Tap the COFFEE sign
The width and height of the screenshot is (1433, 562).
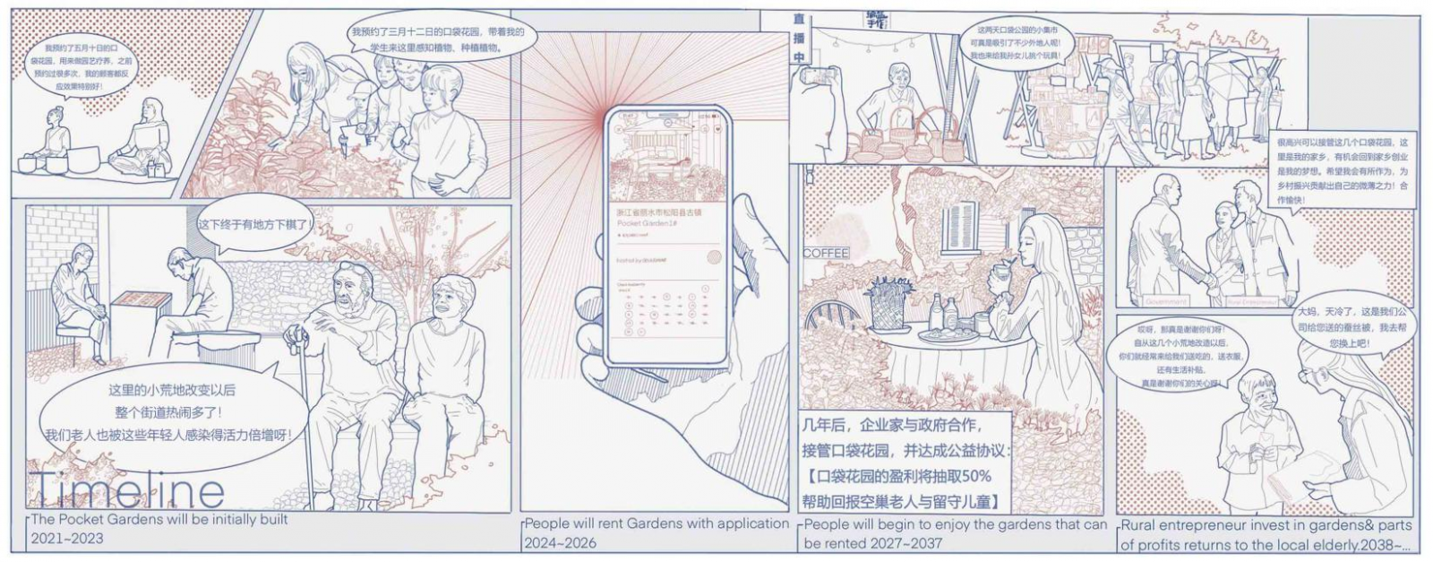pyautogui.click(x=825, y=254)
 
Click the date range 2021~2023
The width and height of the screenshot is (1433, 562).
pyautogui.click(x=67, y=539)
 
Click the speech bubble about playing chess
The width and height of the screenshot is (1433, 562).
pyautogui.click(x=254, y=224)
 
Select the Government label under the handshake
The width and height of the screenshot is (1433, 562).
pyautogui.click(x=1165, y=302)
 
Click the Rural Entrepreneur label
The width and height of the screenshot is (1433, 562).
pyautogui.click(x=1253, y=303)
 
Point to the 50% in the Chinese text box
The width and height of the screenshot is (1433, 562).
pyautogui.click(x=975, y=476)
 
